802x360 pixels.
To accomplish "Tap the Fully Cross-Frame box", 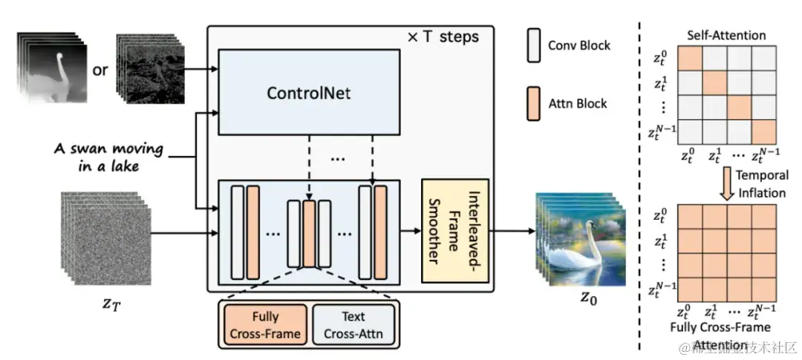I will coord(265,324).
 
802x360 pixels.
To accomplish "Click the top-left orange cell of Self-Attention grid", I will coord(690,58).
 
